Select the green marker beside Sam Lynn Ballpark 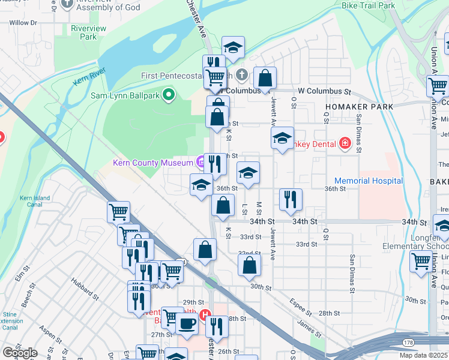[x=169, y=94]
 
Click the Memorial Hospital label [x=368, y=181]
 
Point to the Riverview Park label [x=88, y=32]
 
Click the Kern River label [x=85, y=80]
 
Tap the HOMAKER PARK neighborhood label [x=359, y=106]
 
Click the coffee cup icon [x=187, y=325]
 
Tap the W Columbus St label [x=324, y=92]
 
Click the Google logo [x=19, y=353]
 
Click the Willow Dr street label [x=23, y=22]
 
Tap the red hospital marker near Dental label [x=345, y=143]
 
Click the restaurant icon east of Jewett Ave [x=291, y=199]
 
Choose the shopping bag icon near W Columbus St [x=264, y=78]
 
